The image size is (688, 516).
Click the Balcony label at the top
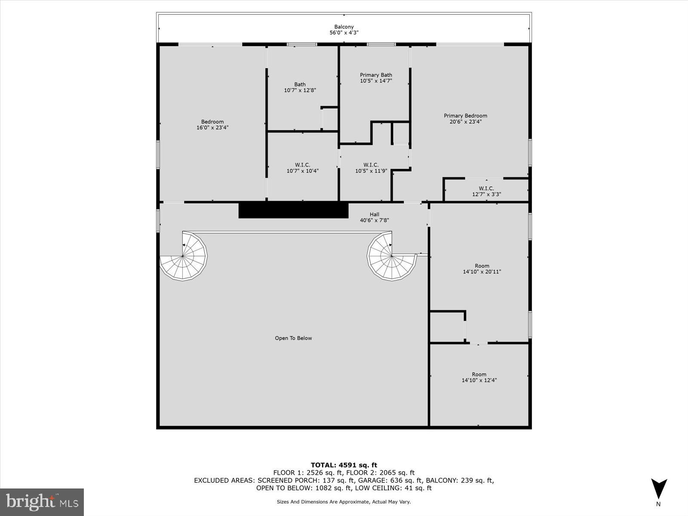tap(344, 27)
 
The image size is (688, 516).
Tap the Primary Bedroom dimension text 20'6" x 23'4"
tap(466, 122)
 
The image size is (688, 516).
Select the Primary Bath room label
tap(376, 75)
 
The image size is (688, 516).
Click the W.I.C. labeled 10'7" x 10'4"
tap(302, 168)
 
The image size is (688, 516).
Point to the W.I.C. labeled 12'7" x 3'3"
tap(486, 191)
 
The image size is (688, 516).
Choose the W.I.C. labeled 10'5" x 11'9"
tap(371, 168)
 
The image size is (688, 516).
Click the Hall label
tap(375, 214)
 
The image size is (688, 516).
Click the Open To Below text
tap(293, 338)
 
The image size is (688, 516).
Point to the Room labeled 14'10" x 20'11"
tap(482, 269)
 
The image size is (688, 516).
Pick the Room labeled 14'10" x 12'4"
tap(479, 377)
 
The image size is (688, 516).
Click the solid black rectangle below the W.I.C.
tap(293, 210)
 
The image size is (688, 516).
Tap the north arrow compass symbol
tap(658, 490)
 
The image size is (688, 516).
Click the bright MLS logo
tap(42, 502)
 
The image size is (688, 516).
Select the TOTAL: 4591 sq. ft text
tap(344, 465)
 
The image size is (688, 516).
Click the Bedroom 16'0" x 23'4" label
tap(212, 125)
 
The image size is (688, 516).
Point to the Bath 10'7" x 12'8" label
tap(300, 87)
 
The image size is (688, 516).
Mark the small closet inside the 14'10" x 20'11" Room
tap(447, 327)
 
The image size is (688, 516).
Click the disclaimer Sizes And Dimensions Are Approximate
tap(344, 501)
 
